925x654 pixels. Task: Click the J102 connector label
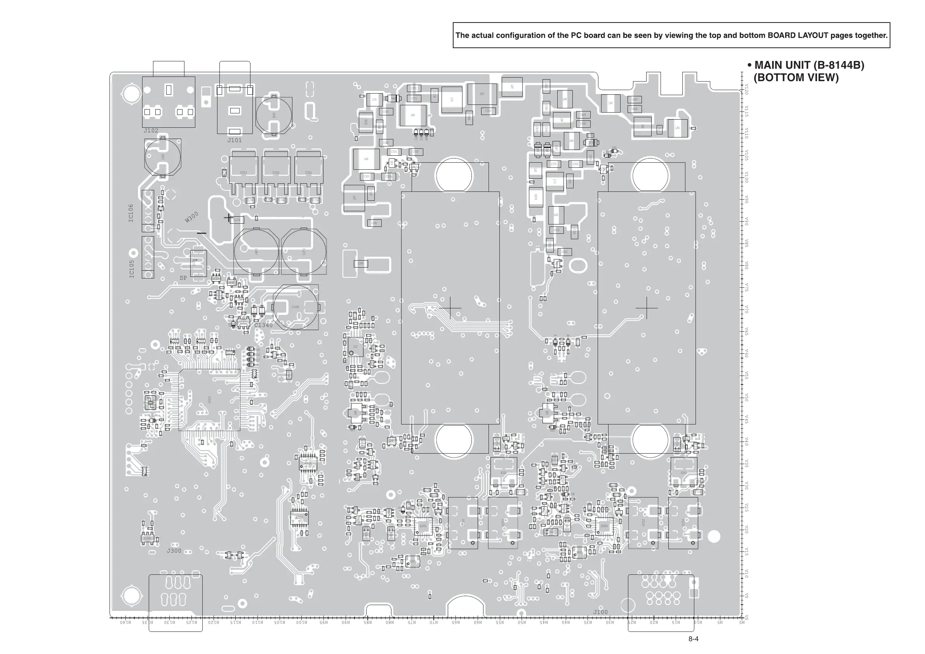[x=151, y=131]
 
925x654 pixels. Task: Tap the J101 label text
[x=235, y=141]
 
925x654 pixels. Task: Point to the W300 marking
[x=192, y=217]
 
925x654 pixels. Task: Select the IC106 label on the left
[x=131, y=213]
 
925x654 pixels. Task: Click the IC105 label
[x=132, y=269]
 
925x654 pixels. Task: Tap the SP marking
[x=183, y=278]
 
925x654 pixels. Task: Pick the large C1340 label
[x=263, y=325]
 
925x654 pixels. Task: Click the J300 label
[x=174, y=551]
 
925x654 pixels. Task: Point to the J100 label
[x=600, y=612]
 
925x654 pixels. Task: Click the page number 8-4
[x=693, y=639]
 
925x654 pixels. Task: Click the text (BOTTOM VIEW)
[x=796, y=78]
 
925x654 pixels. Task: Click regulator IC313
[x=243, y=173]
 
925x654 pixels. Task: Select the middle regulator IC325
[x=276, y=173]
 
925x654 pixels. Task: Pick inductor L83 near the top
[x=482, y=94]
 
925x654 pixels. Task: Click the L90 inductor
[x=610, y=103]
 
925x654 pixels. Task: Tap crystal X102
[x=504, y=473]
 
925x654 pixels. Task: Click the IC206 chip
[x=148, y=538]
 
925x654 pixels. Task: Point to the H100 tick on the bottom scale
[x=301, y=623]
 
